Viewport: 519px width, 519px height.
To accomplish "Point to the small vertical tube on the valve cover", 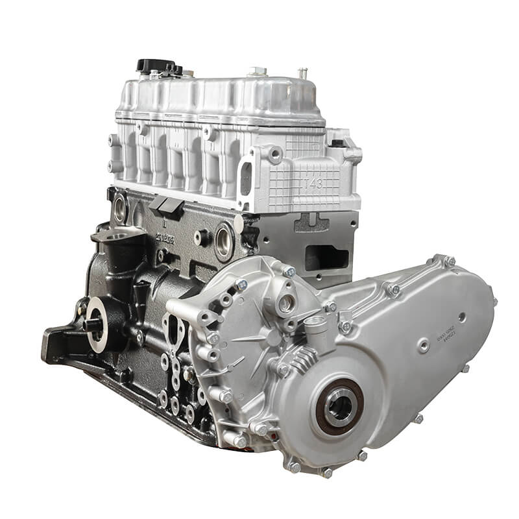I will point(301,73).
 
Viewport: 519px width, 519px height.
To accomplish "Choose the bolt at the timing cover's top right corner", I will point(448,261).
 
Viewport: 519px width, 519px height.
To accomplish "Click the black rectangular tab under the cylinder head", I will point(166,205).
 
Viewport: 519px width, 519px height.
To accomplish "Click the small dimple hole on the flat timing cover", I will point(461,316).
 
